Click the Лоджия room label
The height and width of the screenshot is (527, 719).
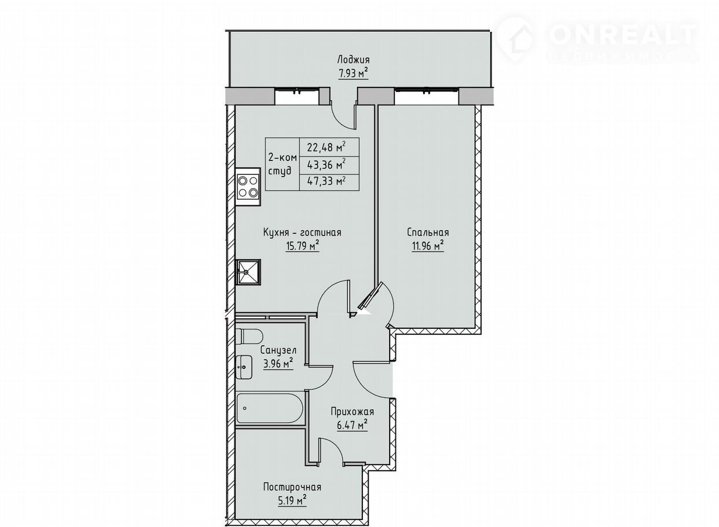[x=353, y=60]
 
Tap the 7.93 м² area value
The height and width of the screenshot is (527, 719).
[x=353, y=74]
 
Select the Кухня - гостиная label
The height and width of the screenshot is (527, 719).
[x=302, y=232]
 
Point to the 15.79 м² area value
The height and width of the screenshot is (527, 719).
[x=302, y=246]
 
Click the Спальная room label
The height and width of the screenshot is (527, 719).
[x=428, y=232]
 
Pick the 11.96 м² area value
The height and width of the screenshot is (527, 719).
[x=428, y=246]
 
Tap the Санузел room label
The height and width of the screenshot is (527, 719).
[x=278, y=350]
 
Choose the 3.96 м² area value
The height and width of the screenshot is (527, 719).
[x=278, y=364]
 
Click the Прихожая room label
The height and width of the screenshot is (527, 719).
[x=353, y=411]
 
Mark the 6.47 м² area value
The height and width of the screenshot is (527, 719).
[x=352, y=426]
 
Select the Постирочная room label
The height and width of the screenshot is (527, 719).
[x=292, y=487]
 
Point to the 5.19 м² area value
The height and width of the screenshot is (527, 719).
[x=292, y=502]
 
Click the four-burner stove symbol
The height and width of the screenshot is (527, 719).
[x=248, y=187]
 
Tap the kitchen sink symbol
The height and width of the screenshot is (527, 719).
[x=248, y=272]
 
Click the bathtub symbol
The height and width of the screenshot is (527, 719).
[x=270, y=408]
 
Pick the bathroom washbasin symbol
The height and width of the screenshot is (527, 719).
[x=244, y=367]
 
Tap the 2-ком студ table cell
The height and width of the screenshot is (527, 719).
[x=283, y=164]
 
